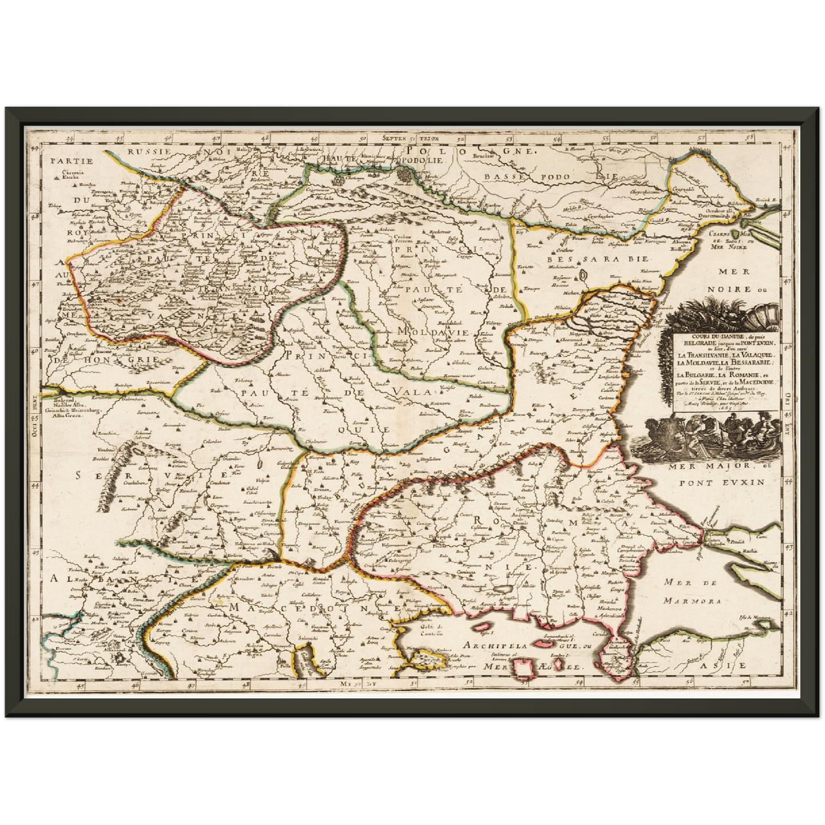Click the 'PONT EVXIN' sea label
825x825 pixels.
(x=722, y=482)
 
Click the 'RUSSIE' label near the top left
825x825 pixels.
(x=148, y=152)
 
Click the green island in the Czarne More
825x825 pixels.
(x=743, y=234)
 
